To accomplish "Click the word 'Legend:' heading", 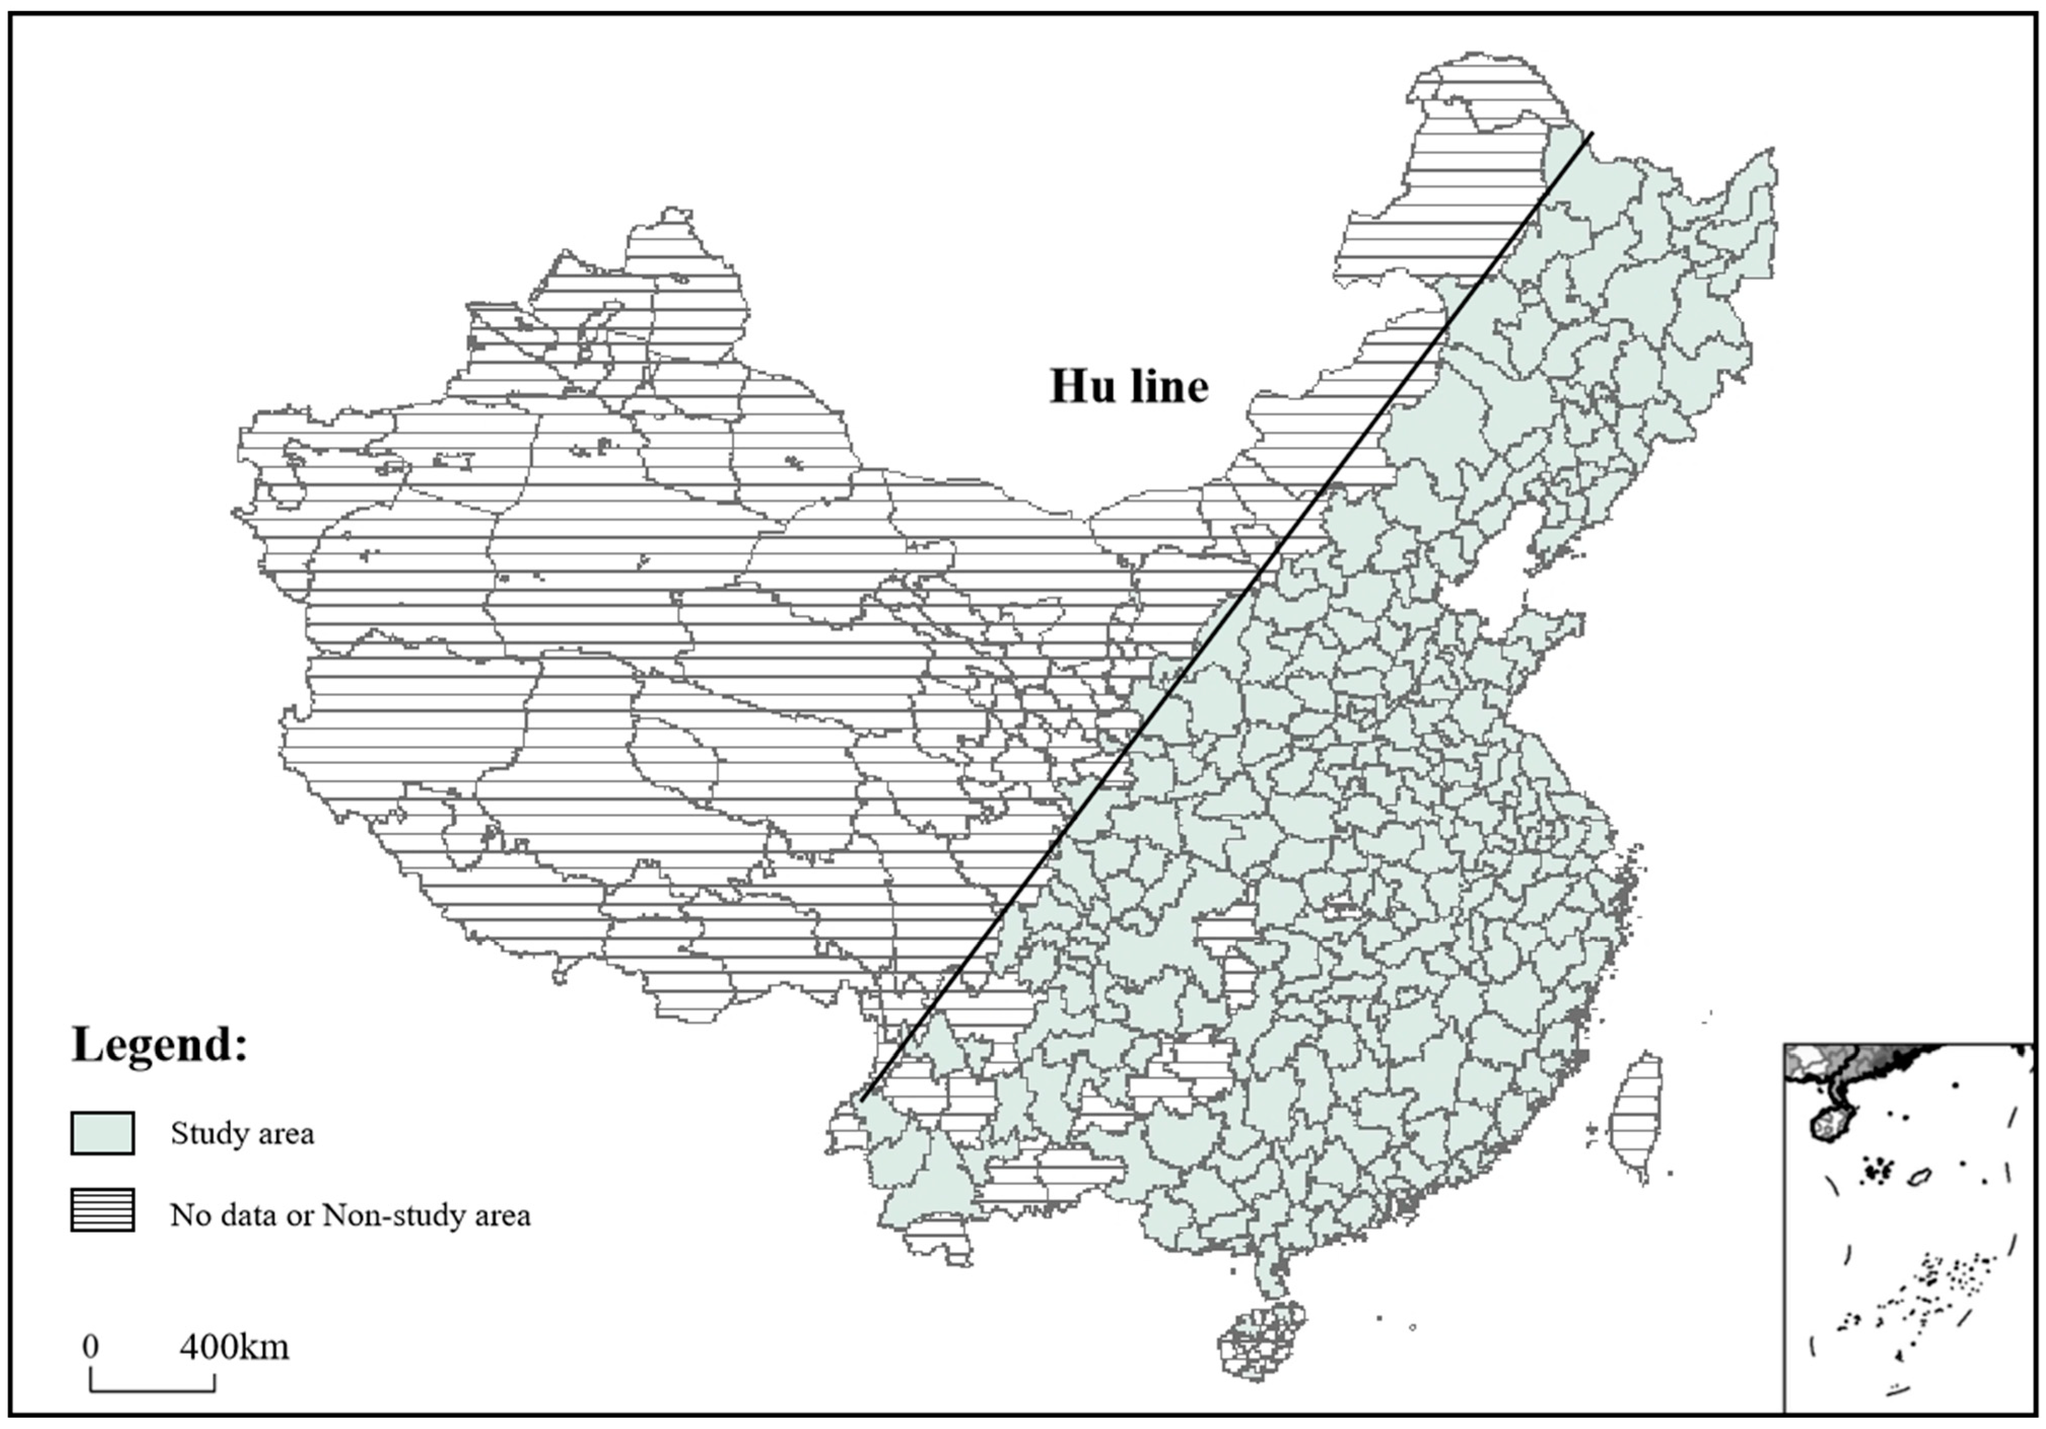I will (159, 1044).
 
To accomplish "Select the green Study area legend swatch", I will (102, 1133).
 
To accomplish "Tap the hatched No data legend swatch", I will (102, 1210).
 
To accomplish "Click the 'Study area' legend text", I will (242, 1134).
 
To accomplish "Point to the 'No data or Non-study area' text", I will (350, 1215).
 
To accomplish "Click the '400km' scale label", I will (234, 1346).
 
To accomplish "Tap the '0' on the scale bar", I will (90, 1346).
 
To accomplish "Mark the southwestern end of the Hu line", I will (862, 1099).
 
